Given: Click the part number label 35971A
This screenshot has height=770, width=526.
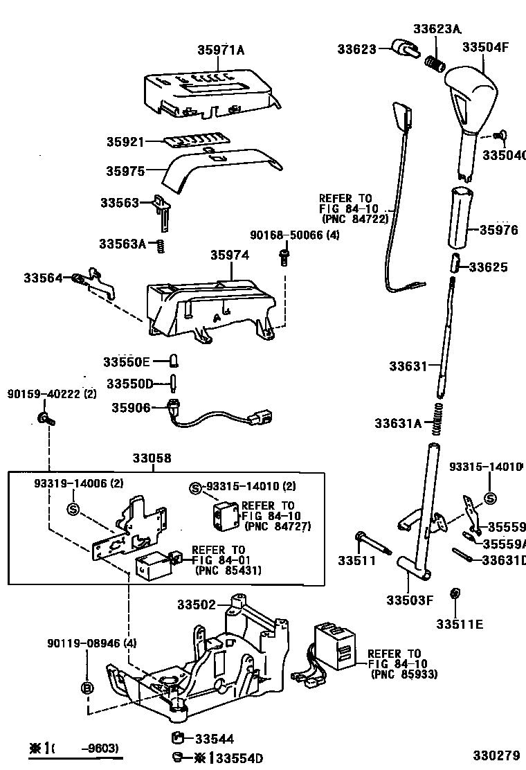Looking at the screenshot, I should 221,50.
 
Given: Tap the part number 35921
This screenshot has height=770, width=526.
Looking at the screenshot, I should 125,142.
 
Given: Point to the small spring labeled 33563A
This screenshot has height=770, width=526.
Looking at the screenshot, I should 161,244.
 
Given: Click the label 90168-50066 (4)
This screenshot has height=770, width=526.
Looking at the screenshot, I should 294,236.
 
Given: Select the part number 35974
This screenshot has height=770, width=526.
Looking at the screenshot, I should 230,256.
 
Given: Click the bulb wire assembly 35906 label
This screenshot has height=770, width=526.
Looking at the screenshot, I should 130,409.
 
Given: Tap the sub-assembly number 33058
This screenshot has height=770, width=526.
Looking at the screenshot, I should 152,459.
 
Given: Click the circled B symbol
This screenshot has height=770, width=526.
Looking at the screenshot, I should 87,688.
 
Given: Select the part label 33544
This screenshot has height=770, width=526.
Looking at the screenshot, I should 214,739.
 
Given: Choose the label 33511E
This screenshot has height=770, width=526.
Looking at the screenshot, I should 460,625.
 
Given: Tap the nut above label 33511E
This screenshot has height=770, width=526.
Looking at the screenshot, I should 455,594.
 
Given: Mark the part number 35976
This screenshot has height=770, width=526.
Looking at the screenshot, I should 498,231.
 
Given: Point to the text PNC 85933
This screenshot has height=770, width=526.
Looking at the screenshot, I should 403,674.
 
